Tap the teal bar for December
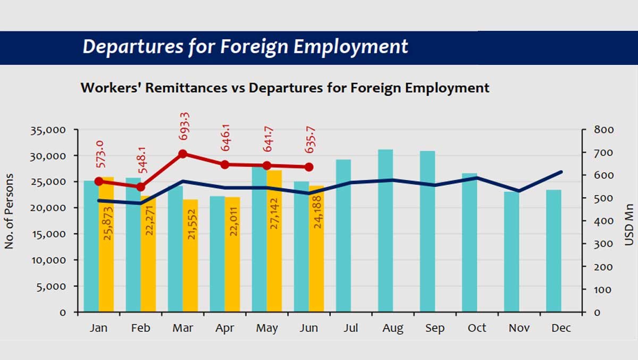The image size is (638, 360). [x=554, y=250]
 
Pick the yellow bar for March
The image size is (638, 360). [x=190, y=255]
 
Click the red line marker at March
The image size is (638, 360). [x=183, y=154]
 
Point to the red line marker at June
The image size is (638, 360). [x=309, y=167]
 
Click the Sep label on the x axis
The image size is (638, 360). [x=435, y=328]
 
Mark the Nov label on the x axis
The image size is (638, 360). [x=519, y=328]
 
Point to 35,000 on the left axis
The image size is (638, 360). [x=48, y=130]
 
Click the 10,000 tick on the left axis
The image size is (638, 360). [x=48, y=260]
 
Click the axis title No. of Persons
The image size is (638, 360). [x=9, y=211]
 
